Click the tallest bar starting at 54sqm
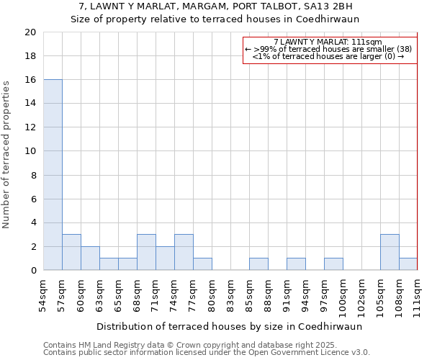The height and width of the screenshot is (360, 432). point(53,175)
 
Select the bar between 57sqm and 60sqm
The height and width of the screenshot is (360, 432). point(71,252)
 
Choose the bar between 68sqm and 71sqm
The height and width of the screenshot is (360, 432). point(146,252)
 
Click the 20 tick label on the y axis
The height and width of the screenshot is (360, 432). point(30,32)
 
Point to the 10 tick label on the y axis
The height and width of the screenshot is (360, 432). point(30,151)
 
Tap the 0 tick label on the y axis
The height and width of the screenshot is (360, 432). point(32,271)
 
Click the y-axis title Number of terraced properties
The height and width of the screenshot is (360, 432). point(6,154)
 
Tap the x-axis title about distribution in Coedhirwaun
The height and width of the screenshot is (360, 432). point(229,326)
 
